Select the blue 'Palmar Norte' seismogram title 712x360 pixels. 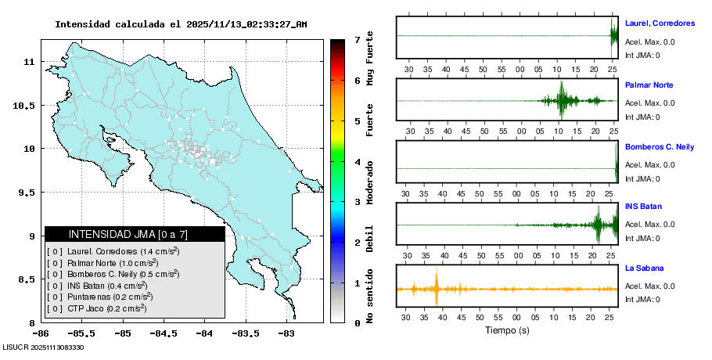point(649,85)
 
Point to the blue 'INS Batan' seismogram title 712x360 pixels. point(644,207)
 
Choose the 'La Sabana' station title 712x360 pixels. point(645,268)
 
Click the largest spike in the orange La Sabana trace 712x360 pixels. point(437,288)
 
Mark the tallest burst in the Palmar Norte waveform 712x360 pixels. point(560,101)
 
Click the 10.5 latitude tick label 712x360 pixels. point(27,105)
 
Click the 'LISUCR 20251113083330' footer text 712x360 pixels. point(44,347)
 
